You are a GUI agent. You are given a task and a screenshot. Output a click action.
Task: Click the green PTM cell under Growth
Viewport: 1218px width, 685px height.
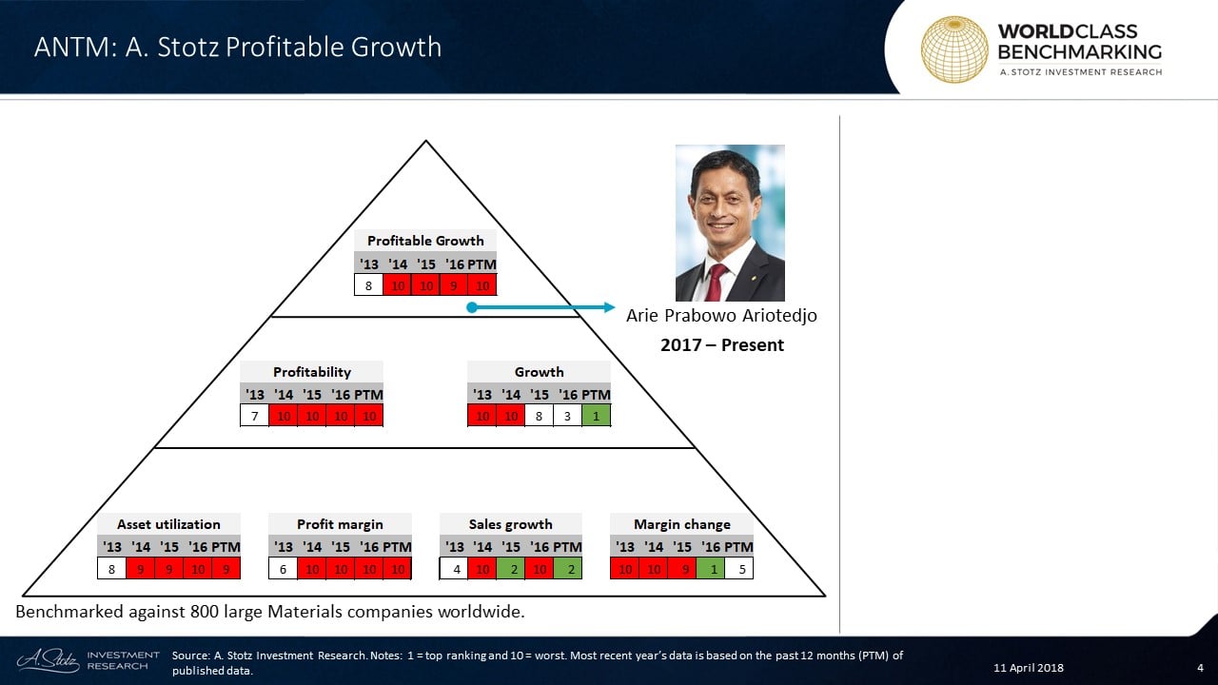[x=596, y=416]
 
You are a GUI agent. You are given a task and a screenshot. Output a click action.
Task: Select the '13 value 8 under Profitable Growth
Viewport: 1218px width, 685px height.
[x=368, y=285]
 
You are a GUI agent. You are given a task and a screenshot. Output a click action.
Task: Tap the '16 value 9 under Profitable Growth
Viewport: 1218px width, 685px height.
[x=454, y=285]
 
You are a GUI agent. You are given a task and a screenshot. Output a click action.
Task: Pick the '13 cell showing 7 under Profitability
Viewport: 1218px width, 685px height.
[x=254, y=417]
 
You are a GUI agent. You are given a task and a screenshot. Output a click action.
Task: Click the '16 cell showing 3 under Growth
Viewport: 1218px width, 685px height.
[x=567, y=416]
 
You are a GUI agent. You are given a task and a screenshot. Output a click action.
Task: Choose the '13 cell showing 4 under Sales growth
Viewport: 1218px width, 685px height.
[x=454, y=569]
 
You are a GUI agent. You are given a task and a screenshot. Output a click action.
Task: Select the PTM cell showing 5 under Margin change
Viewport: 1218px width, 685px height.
[x=739, y=569]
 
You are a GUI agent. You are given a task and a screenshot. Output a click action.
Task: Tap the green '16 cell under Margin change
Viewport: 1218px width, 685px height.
[x=710, y=569]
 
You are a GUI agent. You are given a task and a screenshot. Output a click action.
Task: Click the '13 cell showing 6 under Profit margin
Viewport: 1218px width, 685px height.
[x=283, y=569]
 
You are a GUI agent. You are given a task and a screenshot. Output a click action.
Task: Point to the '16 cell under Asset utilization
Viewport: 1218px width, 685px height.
[x=197, y=569]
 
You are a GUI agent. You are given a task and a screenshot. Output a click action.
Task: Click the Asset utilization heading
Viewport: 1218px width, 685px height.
[x=168, y=524]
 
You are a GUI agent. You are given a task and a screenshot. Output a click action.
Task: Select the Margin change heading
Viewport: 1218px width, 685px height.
[x=682, y=524]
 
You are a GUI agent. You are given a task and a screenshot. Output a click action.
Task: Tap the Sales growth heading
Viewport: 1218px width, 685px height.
[x=511, y=524]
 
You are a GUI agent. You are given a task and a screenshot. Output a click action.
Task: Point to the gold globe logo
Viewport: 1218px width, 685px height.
[x=954, y=49]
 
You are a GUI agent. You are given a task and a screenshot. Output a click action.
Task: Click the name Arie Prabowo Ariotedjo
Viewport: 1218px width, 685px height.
[x=721, y=315]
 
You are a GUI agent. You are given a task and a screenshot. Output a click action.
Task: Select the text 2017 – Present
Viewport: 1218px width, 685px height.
[x=722, y=344]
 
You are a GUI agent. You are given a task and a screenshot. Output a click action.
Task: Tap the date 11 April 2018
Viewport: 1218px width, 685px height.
[x=1029, y=668]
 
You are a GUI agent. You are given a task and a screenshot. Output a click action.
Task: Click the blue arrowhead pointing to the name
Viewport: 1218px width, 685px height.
[x=609, y=307]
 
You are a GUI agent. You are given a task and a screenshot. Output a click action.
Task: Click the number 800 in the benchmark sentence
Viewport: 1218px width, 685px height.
[x=205, y=612]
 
